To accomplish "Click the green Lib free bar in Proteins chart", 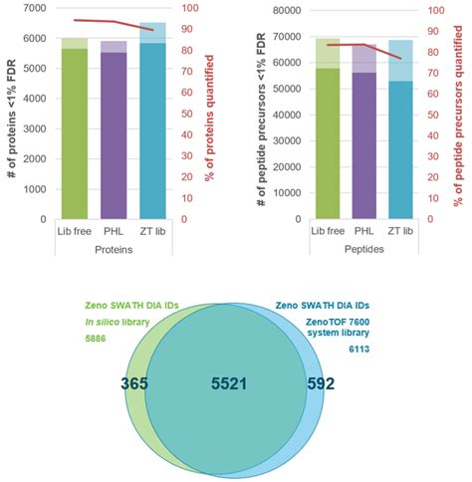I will (x=74, y=134).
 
